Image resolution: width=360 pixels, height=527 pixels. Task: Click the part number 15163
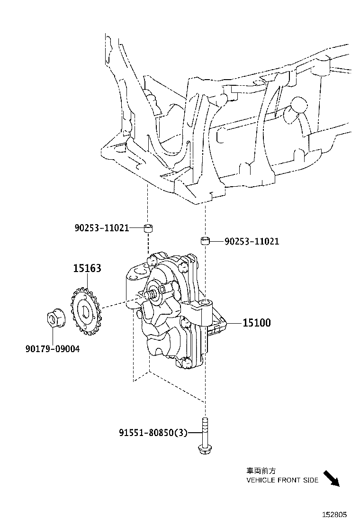[x=87, y=268]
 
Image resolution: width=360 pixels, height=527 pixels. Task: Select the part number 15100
[x=256, y=323]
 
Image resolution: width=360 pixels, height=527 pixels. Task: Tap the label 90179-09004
[x=52, y=349]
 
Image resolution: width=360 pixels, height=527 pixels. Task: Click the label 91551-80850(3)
[x=153, y=432]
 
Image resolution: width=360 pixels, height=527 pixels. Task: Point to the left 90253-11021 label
[x=101, y=228]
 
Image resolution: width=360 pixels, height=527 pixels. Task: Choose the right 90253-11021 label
[x=252, y=242]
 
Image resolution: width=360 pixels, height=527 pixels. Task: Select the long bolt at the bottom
[x=204, y=434]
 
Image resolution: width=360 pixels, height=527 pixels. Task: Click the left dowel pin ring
[x=148, y=229]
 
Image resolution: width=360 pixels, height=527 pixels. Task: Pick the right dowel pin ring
[x=205, y=241]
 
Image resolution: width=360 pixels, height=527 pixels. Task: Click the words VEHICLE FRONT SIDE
[x=282, y=480]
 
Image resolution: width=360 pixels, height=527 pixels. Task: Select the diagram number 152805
[x=335, y=514]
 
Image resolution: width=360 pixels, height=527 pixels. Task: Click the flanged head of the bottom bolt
[x=204, y=449]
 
